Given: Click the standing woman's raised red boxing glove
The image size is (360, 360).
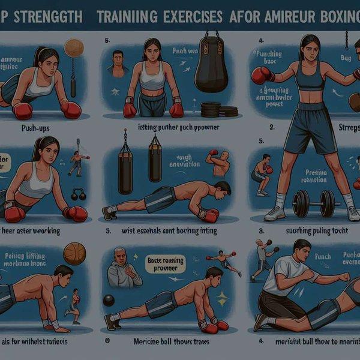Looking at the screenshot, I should pyautogui.click(x=262, y=75).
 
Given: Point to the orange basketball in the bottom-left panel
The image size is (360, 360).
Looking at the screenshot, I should pyautogui.click(x=74, y=254).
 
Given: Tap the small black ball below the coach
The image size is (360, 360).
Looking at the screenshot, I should pyautogui.click(x=109, y=301).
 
